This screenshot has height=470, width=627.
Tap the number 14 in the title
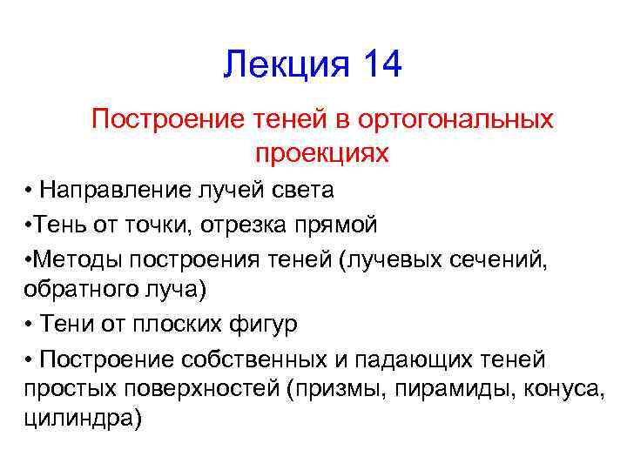click(379, 65)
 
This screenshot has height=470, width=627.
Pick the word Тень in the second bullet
click(54, 225)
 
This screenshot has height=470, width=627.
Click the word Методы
click(75, 258)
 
